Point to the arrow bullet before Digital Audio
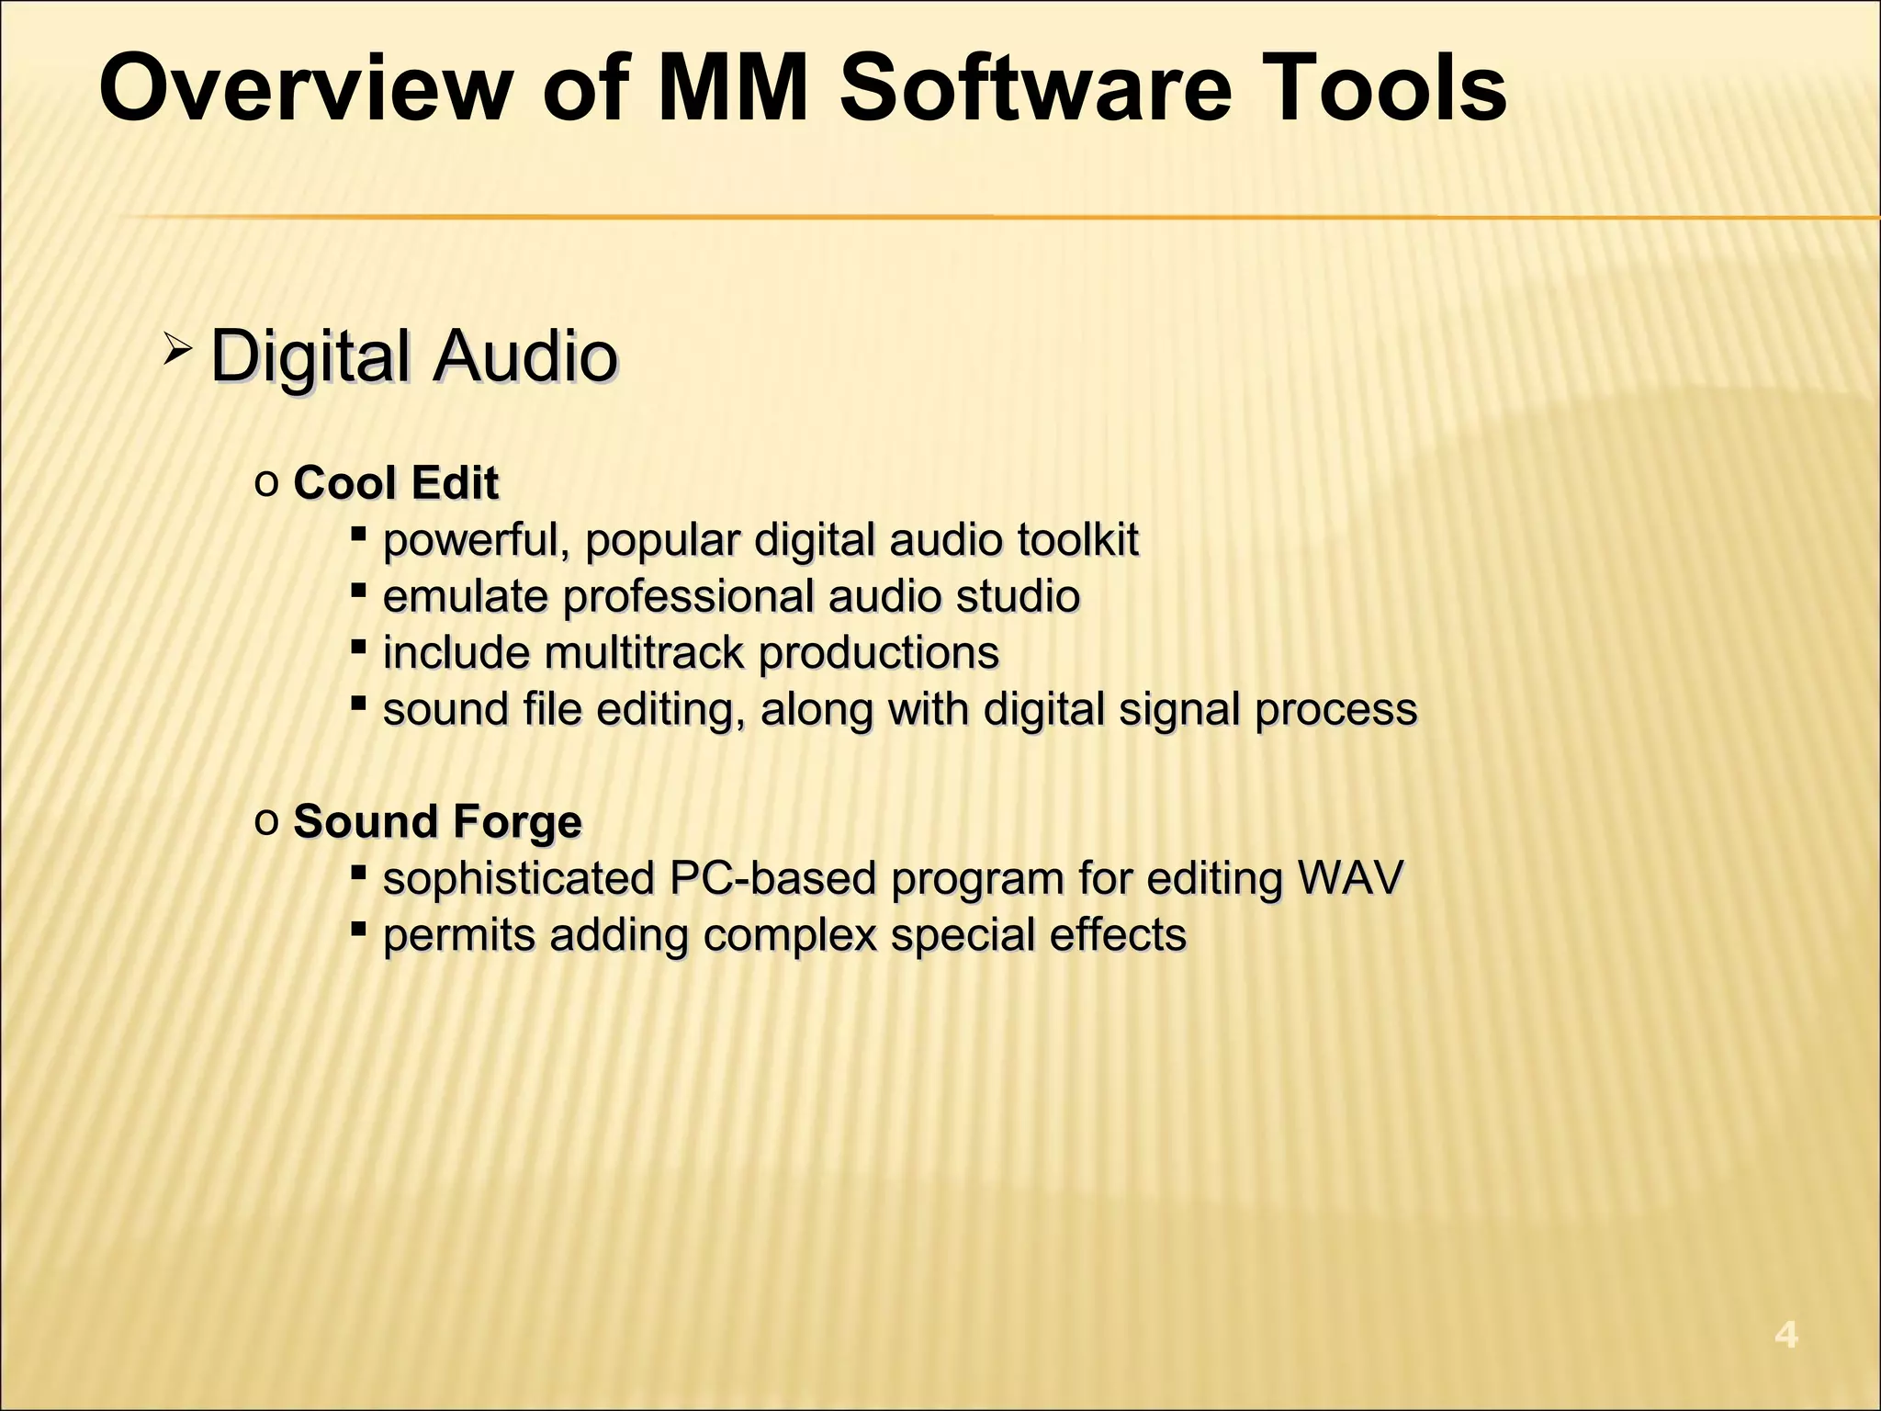point(176,349)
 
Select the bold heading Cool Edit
point(396,483)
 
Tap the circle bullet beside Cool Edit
point(266,482)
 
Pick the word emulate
point(465,596)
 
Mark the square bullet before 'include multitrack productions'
point(359,647)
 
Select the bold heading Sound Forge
point(437,821)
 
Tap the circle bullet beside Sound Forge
point(266,820)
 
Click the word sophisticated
point(518,878)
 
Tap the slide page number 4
point(1785,1334)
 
